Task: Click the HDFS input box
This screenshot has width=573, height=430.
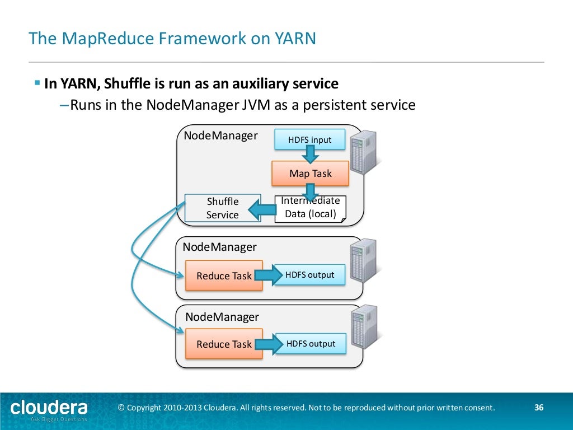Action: pyautogui.click(x=309, y=139)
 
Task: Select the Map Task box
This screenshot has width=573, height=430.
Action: pyautogui.click(x=310, y=174)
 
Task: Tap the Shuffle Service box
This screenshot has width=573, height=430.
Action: pyautogui.click(x=223, y=208)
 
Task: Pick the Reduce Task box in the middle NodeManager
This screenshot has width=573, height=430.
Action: pyautogui.click(x=224, y=275)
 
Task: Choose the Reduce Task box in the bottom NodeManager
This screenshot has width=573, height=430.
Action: pyautogui.click(x=224, y=344)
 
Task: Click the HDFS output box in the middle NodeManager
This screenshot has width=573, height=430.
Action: pyautogui.click(x=309, y=275)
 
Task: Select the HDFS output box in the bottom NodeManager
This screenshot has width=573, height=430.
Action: pyautogui.click(x=311, y=344)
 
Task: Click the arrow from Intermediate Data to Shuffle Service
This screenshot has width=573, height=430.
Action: pyautogui.click(x=262, y=211)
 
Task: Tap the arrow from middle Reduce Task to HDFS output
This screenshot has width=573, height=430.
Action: pyautogui.click(x=269, y=275)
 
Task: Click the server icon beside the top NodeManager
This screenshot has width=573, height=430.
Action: pyautogui.click(x=363, y=152)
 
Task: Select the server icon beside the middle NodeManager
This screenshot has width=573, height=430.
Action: pyautogui.click(x=363, y=260)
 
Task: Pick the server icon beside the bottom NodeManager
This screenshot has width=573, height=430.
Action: pyautogui.click(x=363, y=329)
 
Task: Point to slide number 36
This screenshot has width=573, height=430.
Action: pyautogui.click(x=539, y=408)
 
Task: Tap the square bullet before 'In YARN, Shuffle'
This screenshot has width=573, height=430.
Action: pyautogui.click(x=37, y=83)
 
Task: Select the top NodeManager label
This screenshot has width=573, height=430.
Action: pyautogui.click(x=220, y=135)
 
